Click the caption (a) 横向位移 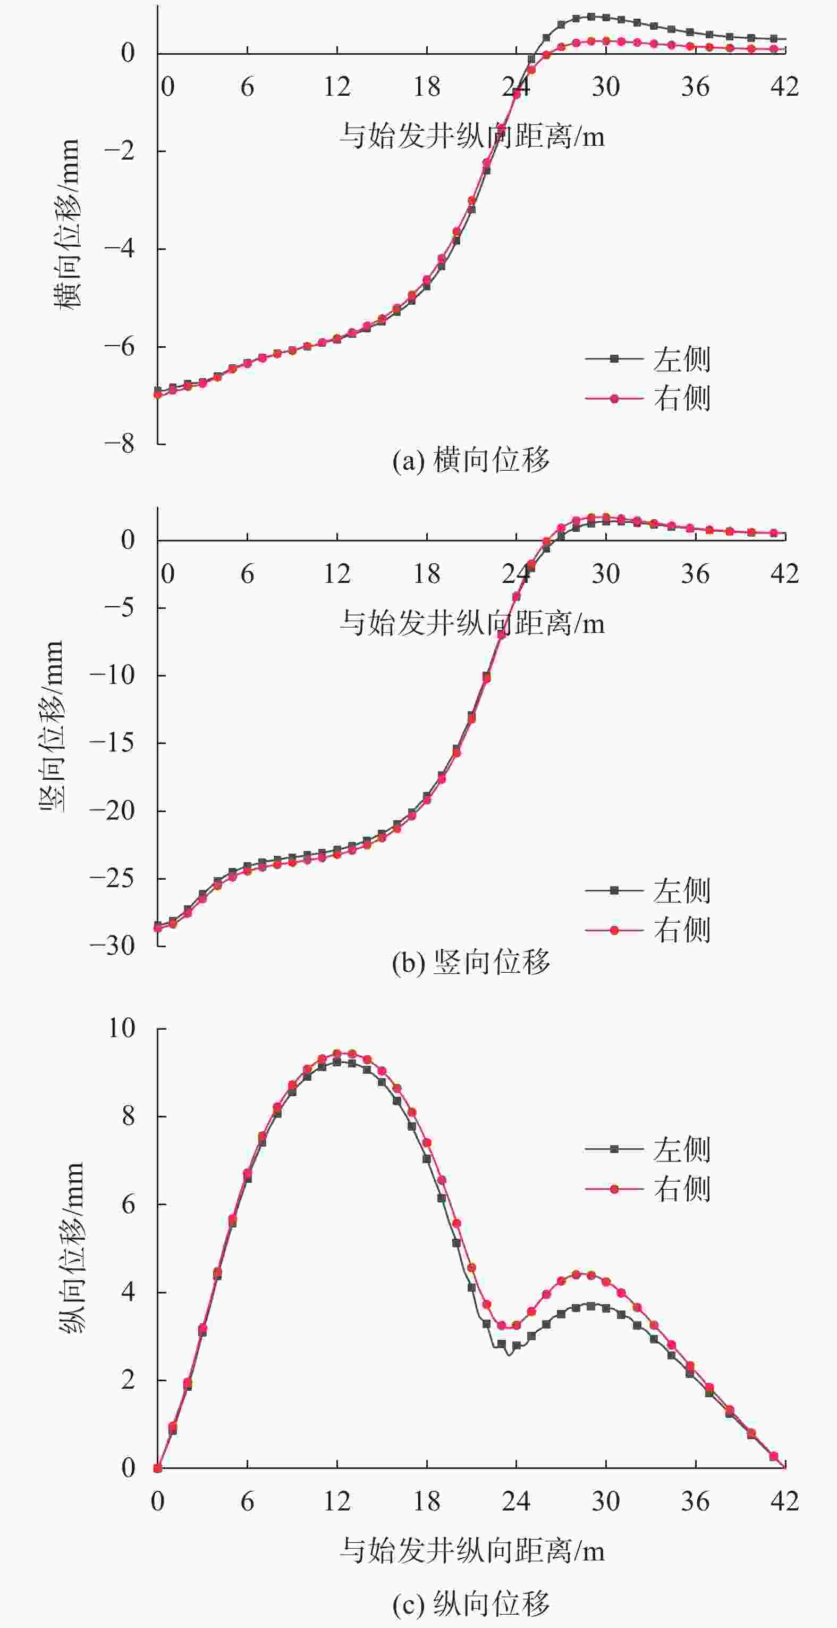click(471, 460)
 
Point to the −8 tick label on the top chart click(120, 444)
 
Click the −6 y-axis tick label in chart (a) click(120, 346)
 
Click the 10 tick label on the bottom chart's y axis click(122, 1028)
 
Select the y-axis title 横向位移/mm click(67, 224)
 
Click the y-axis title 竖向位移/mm click(52, 727)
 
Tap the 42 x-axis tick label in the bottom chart click(784, 1501)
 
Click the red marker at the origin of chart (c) click(158, 1468)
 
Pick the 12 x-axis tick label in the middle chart click(337, 574)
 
